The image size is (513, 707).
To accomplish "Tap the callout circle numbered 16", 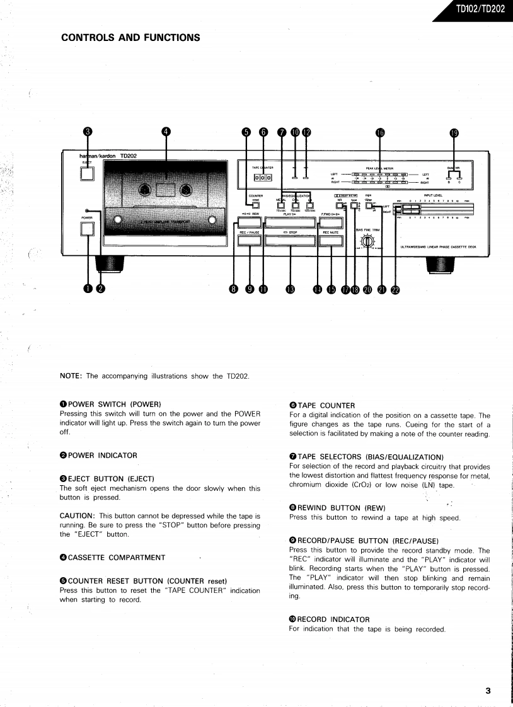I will coord(380,132).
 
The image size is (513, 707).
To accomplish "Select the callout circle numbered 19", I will coord(454,132).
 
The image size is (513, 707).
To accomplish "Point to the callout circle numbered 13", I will coord(290,289).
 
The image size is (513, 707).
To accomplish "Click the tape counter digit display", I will coord(262,178).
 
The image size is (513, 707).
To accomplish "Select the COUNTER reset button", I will coord(256,204).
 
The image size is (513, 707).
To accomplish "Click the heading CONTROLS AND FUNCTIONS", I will coord(130,38).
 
